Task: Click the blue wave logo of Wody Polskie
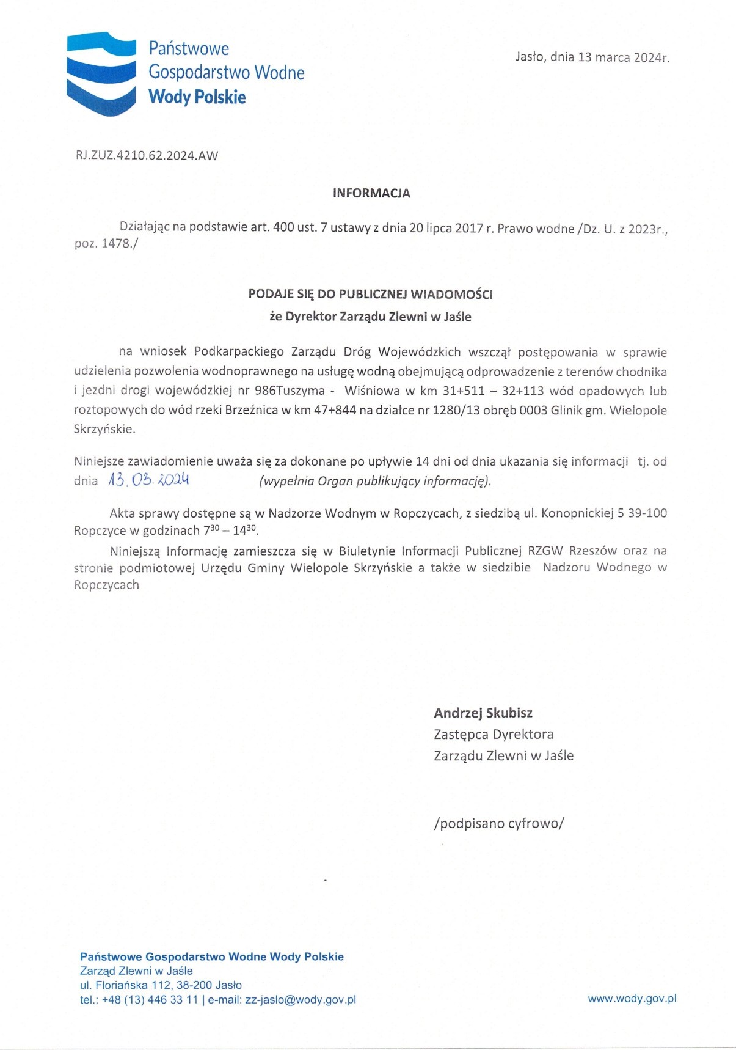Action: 101,73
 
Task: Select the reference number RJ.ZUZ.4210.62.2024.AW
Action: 147,155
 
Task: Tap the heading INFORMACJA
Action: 371,193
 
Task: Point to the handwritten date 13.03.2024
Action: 148,480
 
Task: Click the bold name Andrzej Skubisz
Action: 483,713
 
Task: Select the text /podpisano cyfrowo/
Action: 499,823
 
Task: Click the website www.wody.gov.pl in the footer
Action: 632,999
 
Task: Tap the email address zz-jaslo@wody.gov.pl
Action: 301,1000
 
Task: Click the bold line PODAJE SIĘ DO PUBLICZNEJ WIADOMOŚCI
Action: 370,294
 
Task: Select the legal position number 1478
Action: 115,243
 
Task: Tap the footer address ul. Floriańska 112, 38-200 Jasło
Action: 161,985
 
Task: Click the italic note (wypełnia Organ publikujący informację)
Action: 375,481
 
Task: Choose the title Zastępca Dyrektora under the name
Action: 494,734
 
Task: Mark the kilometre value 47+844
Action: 335,410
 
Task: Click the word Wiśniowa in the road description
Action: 371,391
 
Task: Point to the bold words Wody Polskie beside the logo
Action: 197,97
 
